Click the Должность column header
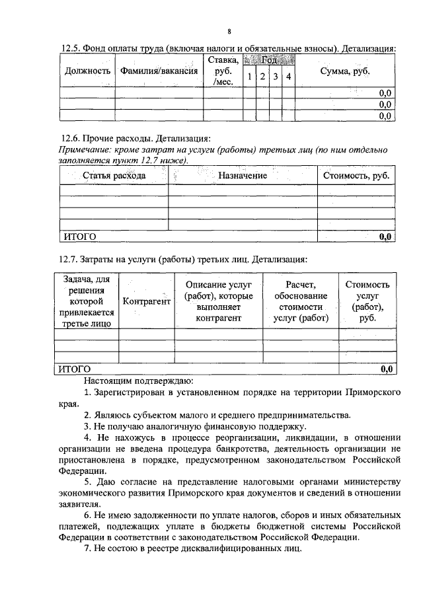tap(87, 71)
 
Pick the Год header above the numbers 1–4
tap(268, 60)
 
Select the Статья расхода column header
tap(114, 176)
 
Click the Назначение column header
tap(242, 176)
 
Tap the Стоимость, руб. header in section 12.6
tap(356, 176)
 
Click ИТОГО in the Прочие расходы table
tap(79, 236)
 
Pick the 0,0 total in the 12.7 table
tap(387, 368)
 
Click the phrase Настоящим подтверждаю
tap(138, 381)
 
